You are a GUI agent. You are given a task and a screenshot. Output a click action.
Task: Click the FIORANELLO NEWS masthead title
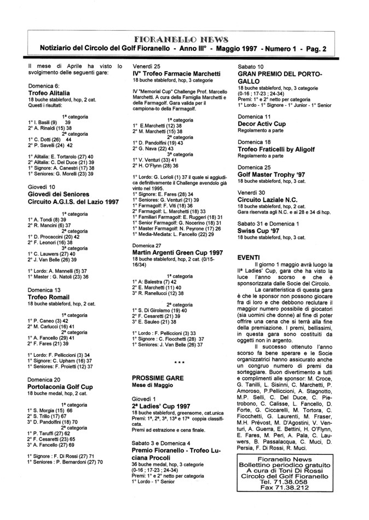click(x=184, y=39)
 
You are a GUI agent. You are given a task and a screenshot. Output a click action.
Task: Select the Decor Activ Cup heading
click(x=262, y=123)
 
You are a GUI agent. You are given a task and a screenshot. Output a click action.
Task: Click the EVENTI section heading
click(x=249, y=256)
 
